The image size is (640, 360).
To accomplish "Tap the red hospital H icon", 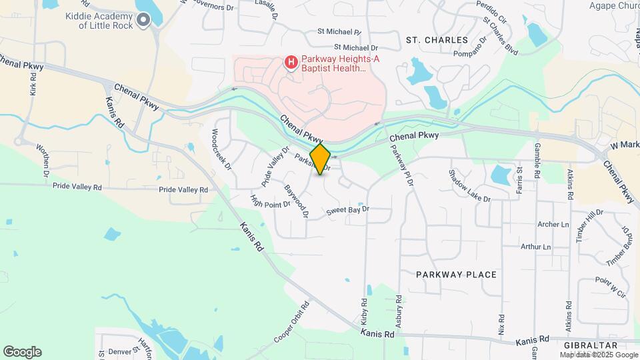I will (x=291, y=63).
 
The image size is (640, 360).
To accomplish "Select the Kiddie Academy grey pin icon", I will (x=143, y=20).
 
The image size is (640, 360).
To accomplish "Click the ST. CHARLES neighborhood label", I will (x=433, y=40).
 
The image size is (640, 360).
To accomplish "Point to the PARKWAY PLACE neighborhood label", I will (x=456, y=275).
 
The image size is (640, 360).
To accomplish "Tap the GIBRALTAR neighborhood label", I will (x=590, y=345).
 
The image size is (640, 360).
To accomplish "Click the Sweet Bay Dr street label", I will (x=347, y=211).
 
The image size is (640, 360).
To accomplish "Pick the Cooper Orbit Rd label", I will (x=292, y=323).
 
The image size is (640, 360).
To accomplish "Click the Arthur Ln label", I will (x=537, y=247).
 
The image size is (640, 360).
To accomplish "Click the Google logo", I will (x=22, y=352).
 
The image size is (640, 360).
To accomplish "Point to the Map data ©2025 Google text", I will (x=598, y=355).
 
